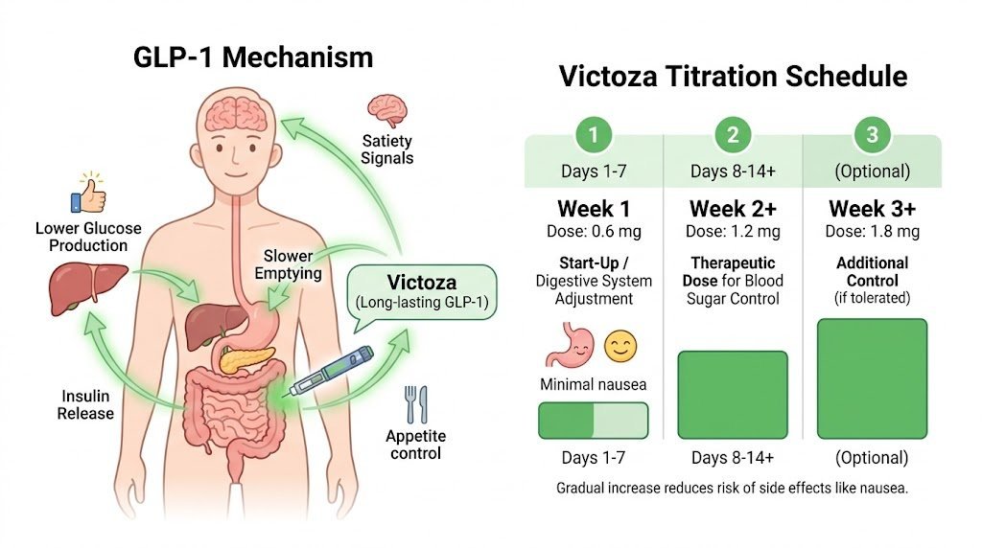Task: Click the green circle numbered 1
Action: point(594,135)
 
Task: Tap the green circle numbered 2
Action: point(733,135)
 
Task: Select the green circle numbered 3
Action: point(872,135)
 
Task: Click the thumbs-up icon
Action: point(88,194)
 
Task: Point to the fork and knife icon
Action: point(416,405)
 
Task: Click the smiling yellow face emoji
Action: point(620,346)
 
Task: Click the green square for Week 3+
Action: point(872,378)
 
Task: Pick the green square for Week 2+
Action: point(733,395)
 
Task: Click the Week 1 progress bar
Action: point(594,421)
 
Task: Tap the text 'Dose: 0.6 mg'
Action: point(594,232)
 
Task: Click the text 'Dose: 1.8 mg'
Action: point(872,232)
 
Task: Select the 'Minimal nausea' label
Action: point(594,384)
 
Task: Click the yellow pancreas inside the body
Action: point(241,359)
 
